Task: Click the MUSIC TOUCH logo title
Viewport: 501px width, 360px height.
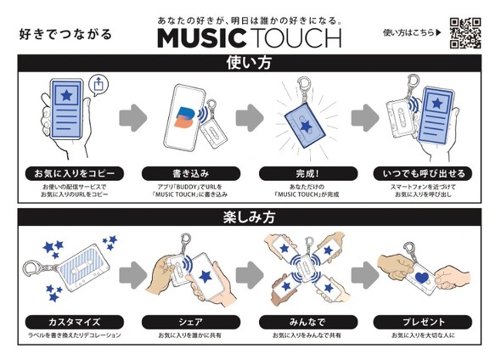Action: click(249, 37)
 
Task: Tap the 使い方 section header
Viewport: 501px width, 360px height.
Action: click(250, 62)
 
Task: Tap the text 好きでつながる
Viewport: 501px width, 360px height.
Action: click(65, 35)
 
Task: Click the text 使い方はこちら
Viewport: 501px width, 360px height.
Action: click(411, 33)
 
